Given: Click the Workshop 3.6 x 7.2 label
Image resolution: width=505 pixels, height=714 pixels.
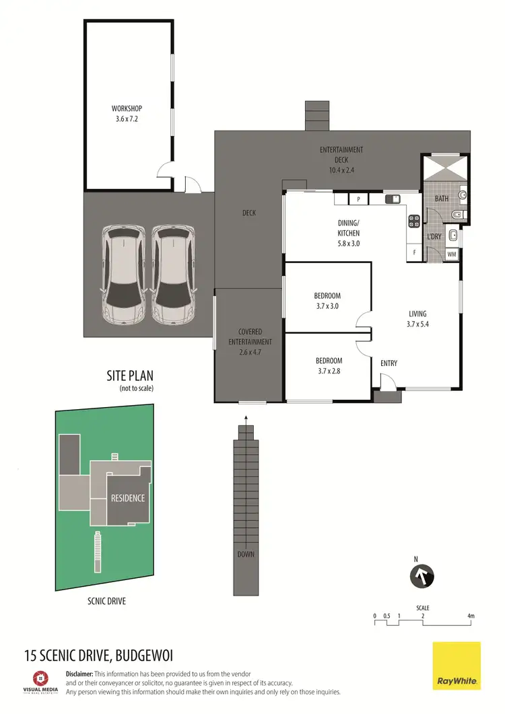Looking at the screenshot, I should [127, 113].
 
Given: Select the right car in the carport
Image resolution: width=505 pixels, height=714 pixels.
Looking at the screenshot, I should [173, 274].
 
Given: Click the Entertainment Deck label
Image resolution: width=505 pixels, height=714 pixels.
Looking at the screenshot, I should [341, 160].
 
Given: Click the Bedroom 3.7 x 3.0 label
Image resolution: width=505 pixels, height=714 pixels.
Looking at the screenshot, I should [327, 301].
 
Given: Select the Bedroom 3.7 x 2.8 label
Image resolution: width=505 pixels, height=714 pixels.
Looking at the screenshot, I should [329, 365].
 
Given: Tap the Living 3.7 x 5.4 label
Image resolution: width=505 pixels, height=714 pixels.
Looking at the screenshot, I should [417, 318].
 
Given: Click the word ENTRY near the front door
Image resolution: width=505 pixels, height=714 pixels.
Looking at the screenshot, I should [389, 363].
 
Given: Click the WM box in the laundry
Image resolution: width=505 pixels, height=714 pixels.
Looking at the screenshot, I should [452, 254].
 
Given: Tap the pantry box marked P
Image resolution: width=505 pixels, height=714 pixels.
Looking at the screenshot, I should [359, 199].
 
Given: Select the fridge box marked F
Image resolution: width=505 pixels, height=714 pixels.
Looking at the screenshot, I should [414, 252].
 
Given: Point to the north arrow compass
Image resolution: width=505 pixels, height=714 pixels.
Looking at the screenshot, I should [422, 576].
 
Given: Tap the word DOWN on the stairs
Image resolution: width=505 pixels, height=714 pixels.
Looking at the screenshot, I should [246, 555].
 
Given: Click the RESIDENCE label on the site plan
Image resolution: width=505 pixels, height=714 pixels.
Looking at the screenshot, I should [128, 499].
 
